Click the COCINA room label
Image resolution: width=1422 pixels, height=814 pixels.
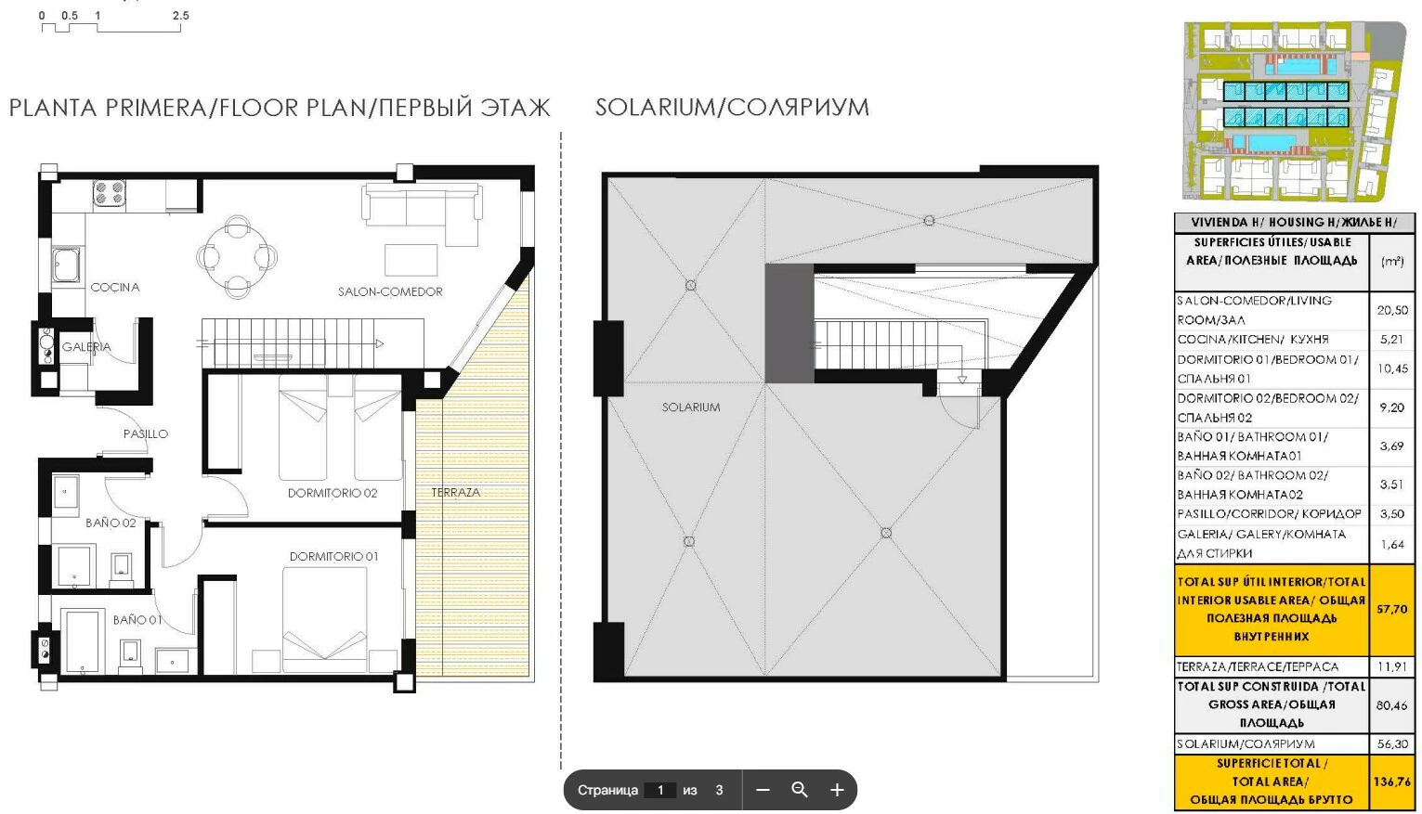click(115, 288)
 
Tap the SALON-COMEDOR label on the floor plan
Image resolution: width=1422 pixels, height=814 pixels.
click(390, 291)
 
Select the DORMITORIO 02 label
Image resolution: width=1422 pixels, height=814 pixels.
click(333, 493)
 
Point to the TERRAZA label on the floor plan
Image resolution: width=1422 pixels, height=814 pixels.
click(455, 492)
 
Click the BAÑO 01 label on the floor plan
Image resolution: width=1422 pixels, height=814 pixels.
click(137, 619)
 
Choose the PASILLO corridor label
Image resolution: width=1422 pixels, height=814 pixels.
click(146, 434)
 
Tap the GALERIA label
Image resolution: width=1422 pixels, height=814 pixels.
click(86, 347)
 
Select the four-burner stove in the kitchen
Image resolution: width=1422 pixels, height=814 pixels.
click(110, 193)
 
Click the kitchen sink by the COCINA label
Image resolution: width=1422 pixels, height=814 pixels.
click(66, 265)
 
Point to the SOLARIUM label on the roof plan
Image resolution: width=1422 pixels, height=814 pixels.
click(691, 407)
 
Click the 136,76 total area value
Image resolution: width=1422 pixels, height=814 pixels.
click(1391, 782)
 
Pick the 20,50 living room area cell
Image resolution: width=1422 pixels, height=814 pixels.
click(1392, 310)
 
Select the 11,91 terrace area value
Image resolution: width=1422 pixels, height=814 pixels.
click(1392, 666)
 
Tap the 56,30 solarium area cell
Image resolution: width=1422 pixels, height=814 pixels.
click(1391, 743)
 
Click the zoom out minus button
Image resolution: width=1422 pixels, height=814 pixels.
click(763, 790)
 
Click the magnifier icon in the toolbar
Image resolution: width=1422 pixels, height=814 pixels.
click(800, 790)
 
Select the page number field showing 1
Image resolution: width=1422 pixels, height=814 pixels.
click(660, 790)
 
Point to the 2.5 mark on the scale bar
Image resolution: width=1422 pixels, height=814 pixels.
click(180, 15)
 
